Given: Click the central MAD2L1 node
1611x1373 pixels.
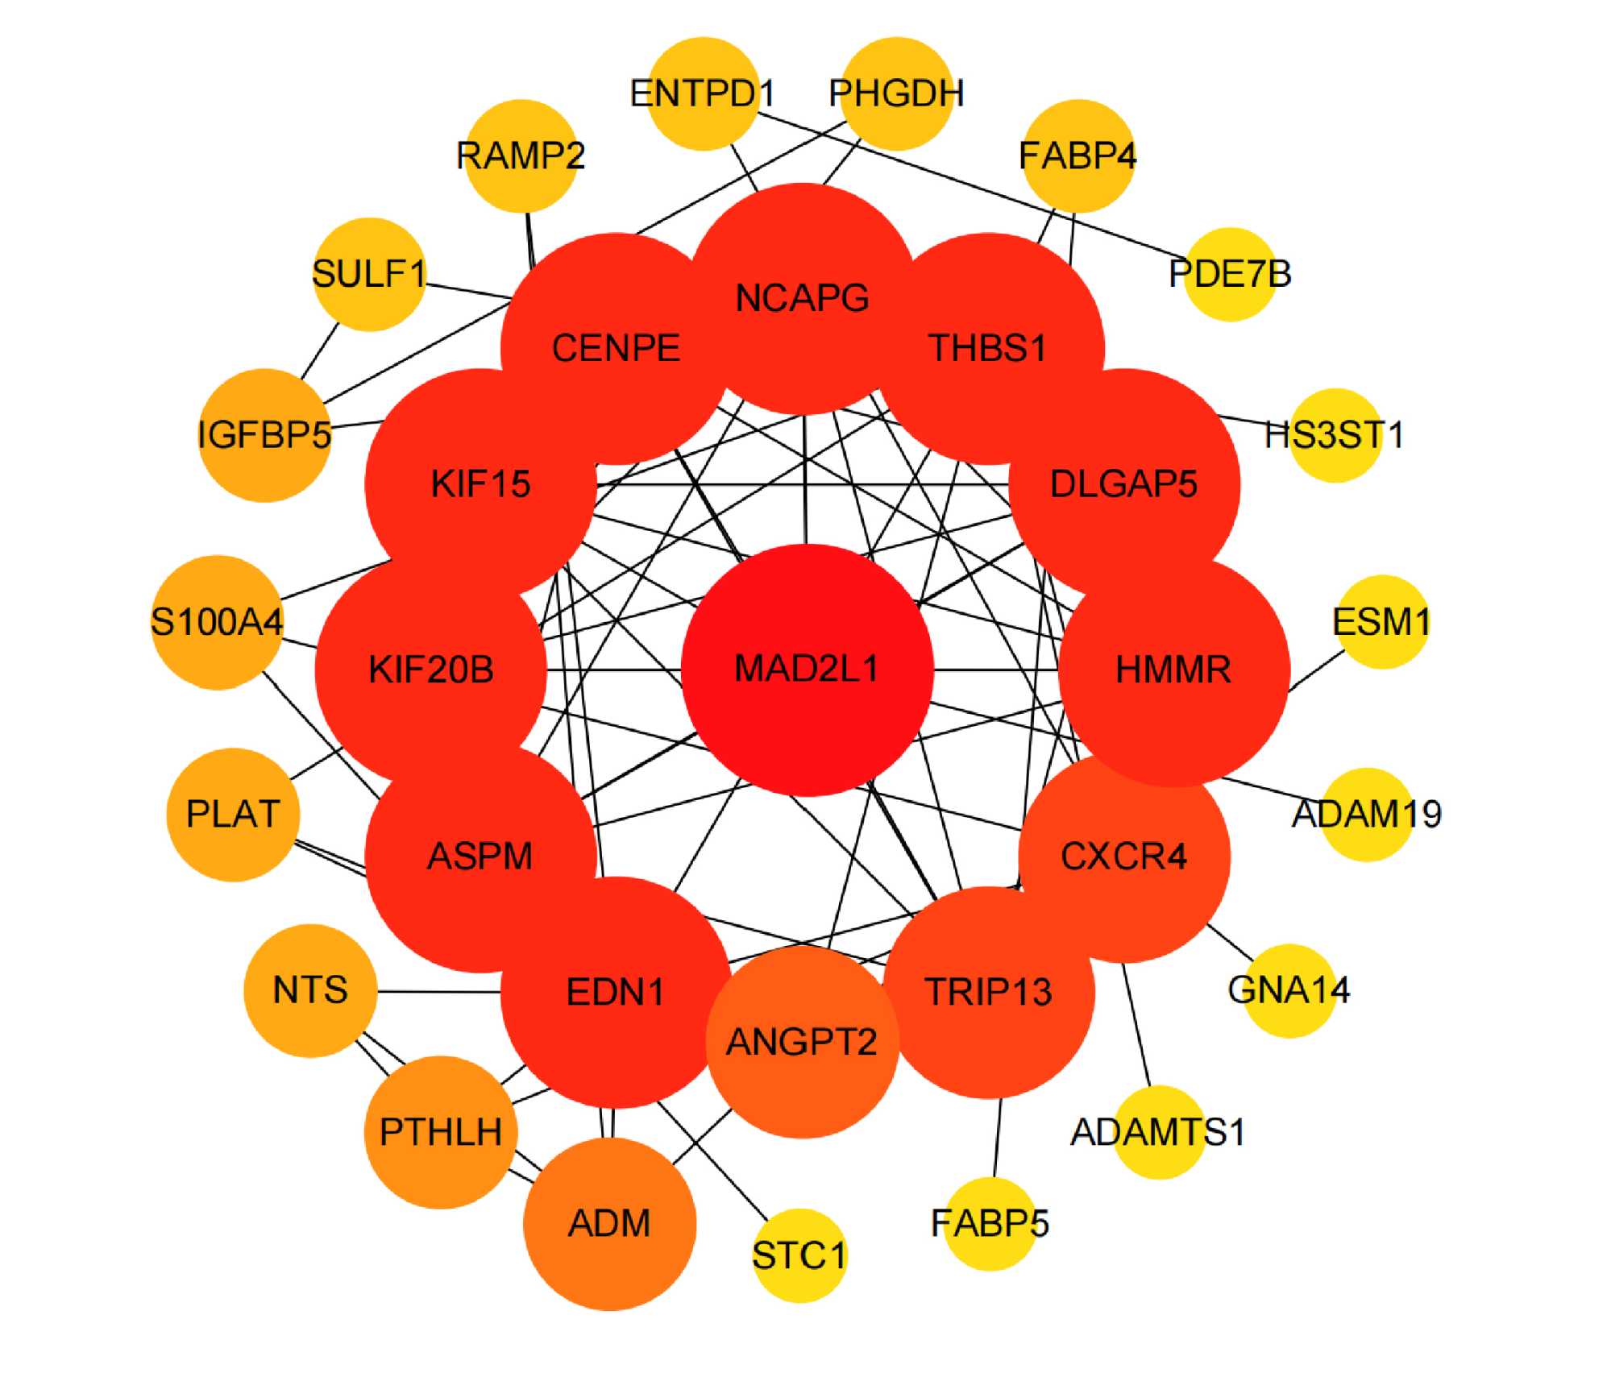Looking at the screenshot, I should coord(807,670).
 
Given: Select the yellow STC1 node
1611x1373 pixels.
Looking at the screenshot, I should coord(799,1255).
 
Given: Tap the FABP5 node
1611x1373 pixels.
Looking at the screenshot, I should coord(990,1223).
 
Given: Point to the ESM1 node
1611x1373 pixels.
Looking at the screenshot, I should coord(1381,621).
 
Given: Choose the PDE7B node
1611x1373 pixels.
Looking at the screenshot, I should coord(1230,274).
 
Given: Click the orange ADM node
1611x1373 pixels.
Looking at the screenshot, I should coord(609,1224).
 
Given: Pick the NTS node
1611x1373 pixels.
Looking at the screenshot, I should coord(310,990).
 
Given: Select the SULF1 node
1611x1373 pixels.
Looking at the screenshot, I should coord(368,274).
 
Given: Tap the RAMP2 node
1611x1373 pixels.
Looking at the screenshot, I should coord(521,156).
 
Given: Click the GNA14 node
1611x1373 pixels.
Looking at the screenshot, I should coord(1289,990).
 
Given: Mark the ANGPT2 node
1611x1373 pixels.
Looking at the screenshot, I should coord(802,1042).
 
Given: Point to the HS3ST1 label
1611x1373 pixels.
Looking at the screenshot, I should coord(1334,435).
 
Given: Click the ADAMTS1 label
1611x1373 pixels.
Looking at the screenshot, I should coord(1158,1132).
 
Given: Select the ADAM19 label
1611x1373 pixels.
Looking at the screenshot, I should coord(1367,814).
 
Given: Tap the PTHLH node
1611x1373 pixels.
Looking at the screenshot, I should coord(440,1132).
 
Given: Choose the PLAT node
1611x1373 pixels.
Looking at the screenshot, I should coord(233,814).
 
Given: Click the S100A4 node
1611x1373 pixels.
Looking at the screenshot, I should coord(217,621).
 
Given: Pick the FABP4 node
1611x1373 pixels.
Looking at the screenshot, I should coord(1077,156).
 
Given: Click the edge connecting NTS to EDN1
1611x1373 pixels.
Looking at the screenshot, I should coord(439,991).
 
